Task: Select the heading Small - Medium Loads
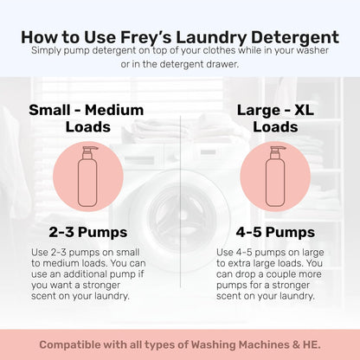(x=87, y=119)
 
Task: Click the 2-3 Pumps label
(x=87, y=232)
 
